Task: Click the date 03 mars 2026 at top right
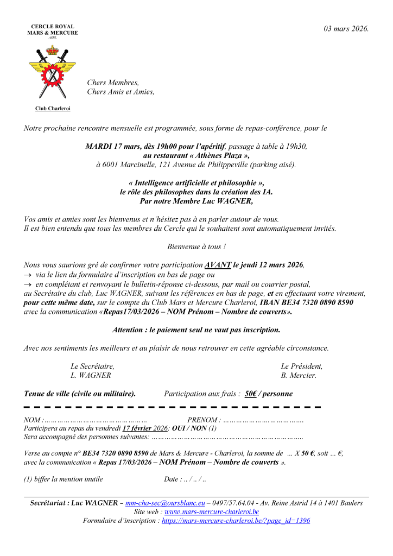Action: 346,29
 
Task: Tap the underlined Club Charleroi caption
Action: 53,109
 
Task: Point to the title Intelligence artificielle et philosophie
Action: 196,183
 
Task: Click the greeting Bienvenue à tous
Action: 196,247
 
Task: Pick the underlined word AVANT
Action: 218,265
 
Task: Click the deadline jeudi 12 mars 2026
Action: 268,265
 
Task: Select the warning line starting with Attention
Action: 196,330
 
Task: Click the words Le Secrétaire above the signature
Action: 92,366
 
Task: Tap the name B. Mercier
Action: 299,375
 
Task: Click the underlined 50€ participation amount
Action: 251,394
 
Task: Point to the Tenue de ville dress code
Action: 80,394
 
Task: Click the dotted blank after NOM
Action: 95,420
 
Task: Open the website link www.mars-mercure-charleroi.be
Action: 211,511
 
